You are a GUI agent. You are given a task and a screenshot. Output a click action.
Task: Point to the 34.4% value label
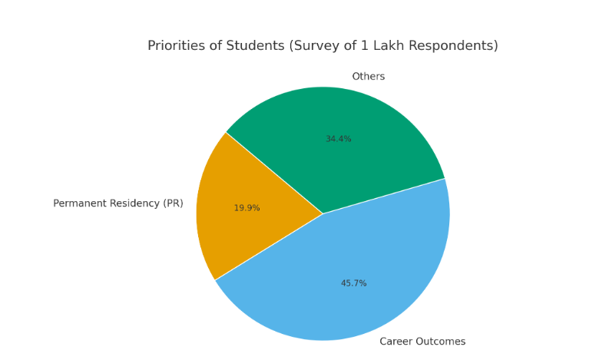339,139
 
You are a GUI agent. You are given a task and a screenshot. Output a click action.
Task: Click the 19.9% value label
247,208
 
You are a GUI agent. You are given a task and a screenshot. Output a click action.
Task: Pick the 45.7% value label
354,283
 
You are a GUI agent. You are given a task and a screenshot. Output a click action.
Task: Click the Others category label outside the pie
369,77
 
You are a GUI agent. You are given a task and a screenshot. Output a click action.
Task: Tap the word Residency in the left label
134,203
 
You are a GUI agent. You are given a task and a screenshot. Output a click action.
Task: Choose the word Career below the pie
396,342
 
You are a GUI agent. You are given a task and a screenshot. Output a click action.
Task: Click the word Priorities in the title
177,46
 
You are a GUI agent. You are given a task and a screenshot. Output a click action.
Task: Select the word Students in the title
256,46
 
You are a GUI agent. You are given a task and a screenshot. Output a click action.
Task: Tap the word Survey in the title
316,46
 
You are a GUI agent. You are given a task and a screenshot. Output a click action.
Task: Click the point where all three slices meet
323,214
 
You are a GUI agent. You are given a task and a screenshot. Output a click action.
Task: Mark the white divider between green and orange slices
274,173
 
